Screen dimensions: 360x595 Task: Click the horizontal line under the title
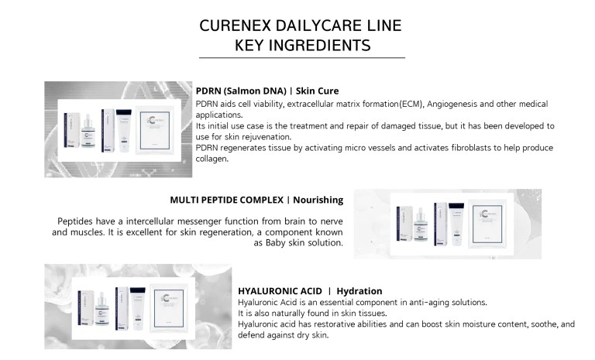pos(302,58)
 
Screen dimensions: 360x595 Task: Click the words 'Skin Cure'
pos(315,91)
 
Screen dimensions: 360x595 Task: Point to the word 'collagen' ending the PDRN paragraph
pos(213,159)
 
